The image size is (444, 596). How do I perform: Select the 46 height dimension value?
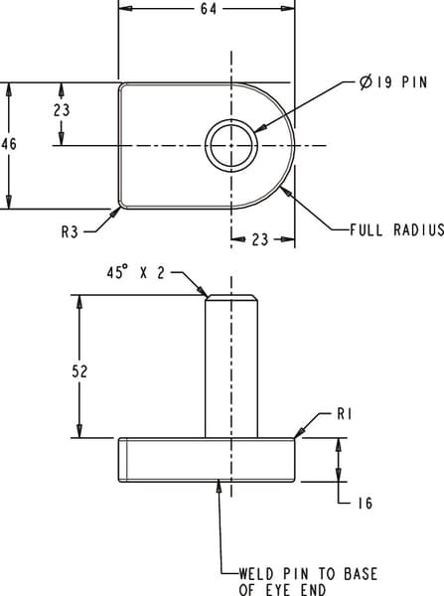10,145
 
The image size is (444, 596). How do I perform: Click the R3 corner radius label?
70,232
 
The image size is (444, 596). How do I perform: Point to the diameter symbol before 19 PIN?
367,83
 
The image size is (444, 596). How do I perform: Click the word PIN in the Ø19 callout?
414,83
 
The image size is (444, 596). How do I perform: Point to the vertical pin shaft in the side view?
231,368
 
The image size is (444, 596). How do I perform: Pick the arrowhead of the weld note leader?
219,486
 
